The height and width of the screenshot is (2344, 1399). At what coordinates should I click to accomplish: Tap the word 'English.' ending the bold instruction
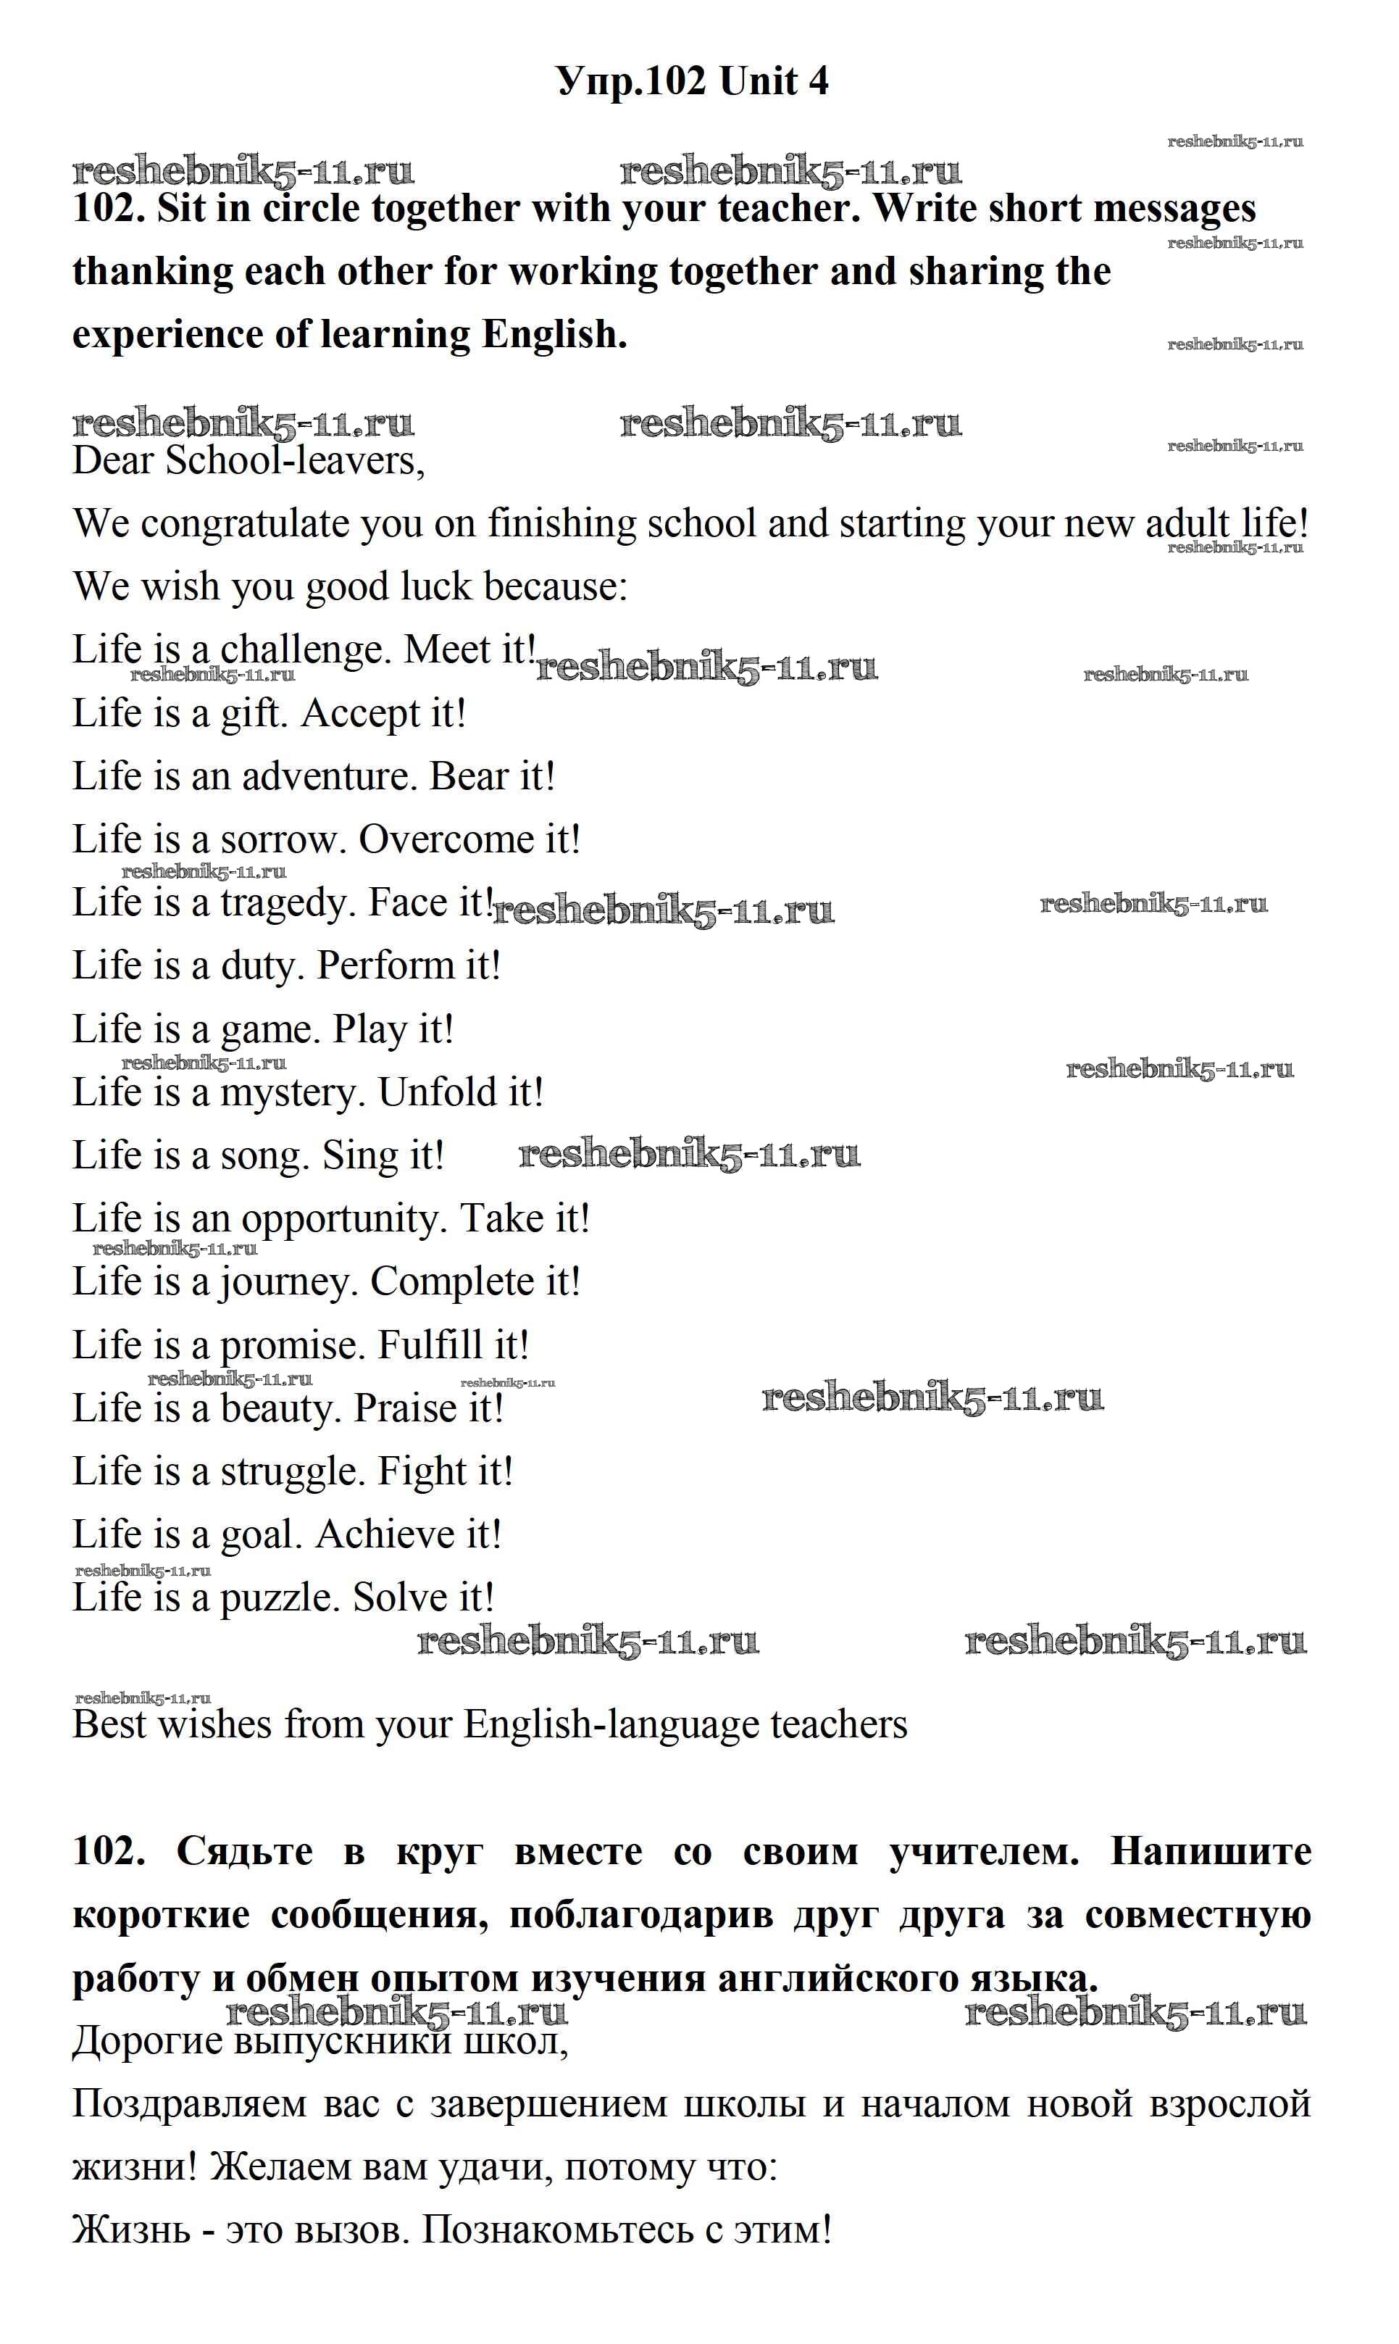click(554, 335)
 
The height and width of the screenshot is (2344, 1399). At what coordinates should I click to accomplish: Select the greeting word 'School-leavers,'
click(295, 461)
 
